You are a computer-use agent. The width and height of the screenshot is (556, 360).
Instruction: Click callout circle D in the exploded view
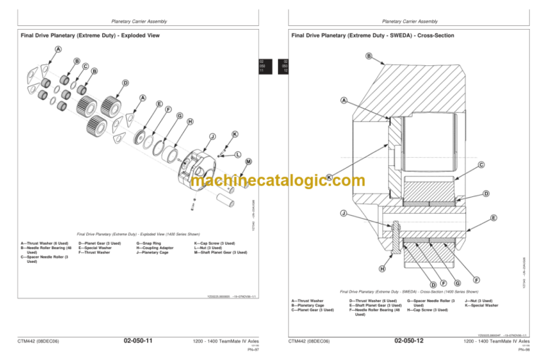(x=125, y=83)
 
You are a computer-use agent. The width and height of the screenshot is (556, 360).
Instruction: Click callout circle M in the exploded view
(x=248, y=161)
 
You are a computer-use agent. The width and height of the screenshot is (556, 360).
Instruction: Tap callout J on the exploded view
(x=212, y=137)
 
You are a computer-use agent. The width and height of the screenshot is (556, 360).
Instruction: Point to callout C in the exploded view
(x=85, y=67)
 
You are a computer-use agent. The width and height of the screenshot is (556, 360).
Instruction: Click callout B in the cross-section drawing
(x=368, y=56)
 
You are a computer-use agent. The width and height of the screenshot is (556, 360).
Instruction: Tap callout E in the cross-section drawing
(x=492, y=217)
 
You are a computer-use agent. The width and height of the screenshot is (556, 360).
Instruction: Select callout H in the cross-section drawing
(x=382, y=269)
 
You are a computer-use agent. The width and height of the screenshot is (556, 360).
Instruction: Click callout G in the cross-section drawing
(x=458, y=282)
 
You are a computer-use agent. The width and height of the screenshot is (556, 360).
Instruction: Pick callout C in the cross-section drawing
(x=480, y=165)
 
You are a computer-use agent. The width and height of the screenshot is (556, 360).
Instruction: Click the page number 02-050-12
(x=409, y=340)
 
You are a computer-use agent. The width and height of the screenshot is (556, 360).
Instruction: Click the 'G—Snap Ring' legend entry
(x=149, y=243)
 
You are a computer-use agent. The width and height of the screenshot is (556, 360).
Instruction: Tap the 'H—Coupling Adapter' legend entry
(x=155, y=248)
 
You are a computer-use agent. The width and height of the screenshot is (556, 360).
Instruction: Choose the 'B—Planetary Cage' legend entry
(x=309, y=305)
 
